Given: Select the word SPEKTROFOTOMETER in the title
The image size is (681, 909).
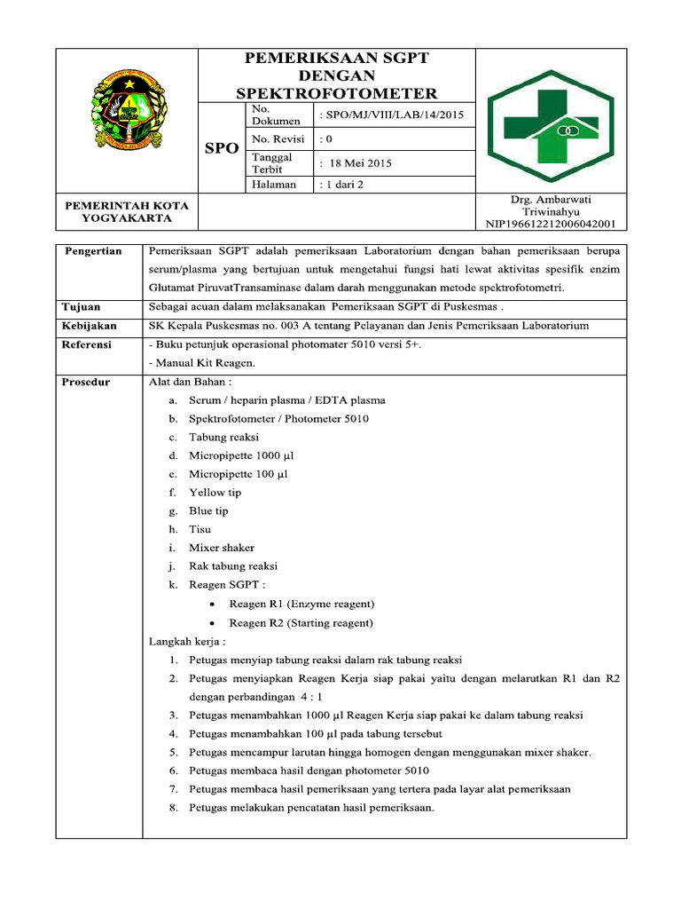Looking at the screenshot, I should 336,93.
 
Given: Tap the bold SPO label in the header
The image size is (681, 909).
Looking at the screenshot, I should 222,148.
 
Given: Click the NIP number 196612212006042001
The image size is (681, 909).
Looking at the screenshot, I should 551,225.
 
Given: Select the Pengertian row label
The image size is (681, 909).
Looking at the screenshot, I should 92,251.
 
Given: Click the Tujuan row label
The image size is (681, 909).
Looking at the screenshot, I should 82,307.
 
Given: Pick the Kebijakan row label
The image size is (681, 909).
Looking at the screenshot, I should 90,326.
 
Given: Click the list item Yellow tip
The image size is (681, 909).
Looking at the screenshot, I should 215,492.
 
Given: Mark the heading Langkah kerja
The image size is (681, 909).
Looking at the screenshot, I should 187,641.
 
